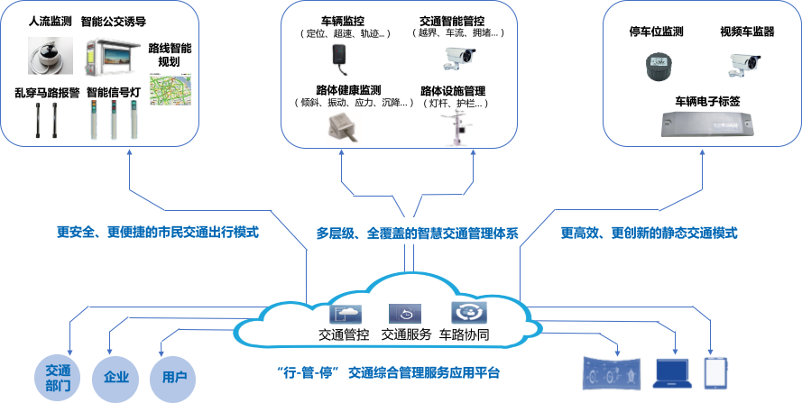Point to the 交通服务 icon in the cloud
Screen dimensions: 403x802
(405, 314)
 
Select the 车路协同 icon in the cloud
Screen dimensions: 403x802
(468, 314)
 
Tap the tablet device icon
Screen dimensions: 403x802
(714, 372)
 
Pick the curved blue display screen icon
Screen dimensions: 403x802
(611, 373)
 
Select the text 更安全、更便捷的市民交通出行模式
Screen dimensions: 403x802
(157, 233)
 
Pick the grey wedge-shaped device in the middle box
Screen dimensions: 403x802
(343, 128)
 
